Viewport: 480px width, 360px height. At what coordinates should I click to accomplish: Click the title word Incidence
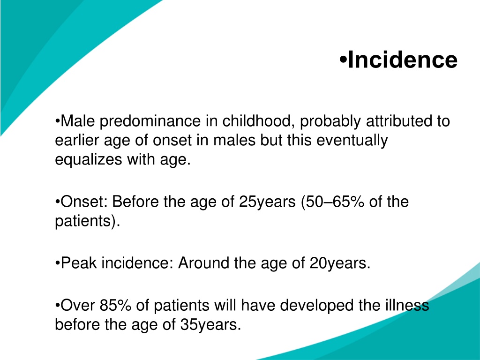[x=403, y=60]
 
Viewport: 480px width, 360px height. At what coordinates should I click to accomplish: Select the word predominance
[x=150, y=121]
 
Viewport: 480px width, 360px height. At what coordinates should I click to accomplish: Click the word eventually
[x=352, y=141]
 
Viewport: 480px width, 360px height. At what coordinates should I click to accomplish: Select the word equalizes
[x=89, y=160]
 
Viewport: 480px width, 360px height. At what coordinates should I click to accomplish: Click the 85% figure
[x=115, y=305]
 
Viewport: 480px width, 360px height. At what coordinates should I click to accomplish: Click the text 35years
[x=209, y=324]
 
